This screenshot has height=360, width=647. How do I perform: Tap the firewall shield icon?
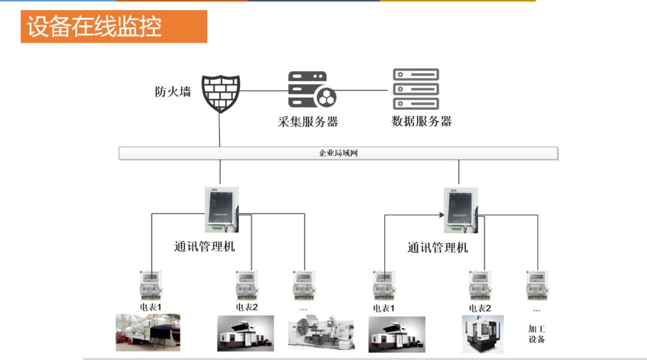click(220, 93)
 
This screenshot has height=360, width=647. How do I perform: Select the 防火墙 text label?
click(173, 92)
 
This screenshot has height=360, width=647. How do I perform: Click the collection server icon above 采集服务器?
click(312, 90)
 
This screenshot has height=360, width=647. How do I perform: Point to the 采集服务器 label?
click(308, 122)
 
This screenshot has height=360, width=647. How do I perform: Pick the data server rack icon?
click(416, 89)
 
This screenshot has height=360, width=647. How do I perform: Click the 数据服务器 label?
click(421, 121)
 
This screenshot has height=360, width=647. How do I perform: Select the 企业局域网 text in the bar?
click(338, 153)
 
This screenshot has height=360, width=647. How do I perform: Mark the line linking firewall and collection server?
click(264, 91)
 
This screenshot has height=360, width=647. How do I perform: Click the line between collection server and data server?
click(362, 90)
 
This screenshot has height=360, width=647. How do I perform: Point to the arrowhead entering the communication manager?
click(440, 214)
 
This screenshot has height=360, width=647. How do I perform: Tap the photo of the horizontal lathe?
click(321, 332)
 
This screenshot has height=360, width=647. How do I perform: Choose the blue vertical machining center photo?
click(483, 334)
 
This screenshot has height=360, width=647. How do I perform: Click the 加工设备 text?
click(536, 334)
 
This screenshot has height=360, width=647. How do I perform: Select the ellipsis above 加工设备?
click(536, 310)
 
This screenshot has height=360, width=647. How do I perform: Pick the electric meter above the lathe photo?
click(304, 285)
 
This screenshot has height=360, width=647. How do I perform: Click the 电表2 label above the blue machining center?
click(480, 308)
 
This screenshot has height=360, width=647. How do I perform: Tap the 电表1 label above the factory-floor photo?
click(151, 307)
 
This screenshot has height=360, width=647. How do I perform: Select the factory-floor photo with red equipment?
click(148, 332)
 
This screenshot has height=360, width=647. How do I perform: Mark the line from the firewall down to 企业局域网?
click(220, 131)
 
